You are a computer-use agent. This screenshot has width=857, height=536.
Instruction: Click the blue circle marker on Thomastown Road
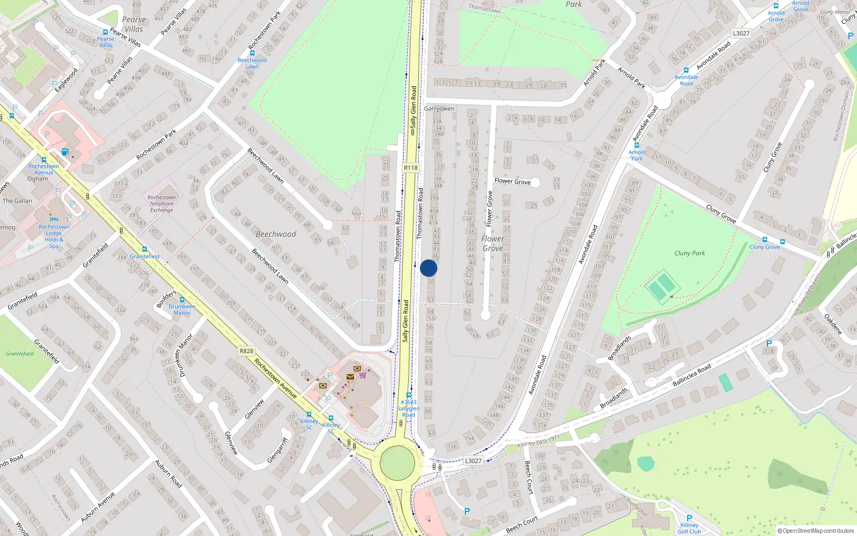point(428,268)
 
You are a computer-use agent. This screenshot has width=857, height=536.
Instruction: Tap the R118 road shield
point(411,168)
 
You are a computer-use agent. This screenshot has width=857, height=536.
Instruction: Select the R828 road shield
point(246,351)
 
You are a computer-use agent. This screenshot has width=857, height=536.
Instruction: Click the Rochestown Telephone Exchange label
point(161,204)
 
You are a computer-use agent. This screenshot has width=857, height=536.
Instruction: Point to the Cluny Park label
point(689,253)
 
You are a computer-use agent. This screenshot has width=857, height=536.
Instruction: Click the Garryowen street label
point(439,109)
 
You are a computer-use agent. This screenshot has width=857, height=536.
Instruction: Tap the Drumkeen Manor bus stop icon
point(182,300)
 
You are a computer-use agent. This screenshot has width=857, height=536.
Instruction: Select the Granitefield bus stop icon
point(144,249)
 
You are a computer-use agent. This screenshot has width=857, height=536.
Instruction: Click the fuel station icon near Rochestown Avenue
point(65,152)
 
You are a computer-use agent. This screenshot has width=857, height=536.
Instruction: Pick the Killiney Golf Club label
point(689,528)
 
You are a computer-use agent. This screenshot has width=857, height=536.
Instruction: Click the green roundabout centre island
point(397,463)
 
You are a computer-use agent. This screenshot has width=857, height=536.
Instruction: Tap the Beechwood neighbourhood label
point(276,234)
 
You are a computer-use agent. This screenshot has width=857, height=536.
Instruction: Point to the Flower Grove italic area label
point(492,243)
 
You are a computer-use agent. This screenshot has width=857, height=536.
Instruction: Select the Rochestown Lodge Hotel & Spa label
point(54,236)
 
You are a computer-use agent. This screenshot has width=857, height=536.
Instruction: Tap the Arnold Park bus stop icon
point(637,145)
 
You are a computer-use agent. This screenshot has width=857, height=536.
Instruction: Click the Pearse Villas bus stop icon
point(106,32)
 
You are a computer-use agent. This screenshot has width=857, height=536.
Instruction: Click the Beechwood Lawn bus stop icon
point(252,53)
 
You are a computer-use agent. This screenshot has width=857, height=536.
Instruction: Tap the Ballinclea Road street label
point(691,375)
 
